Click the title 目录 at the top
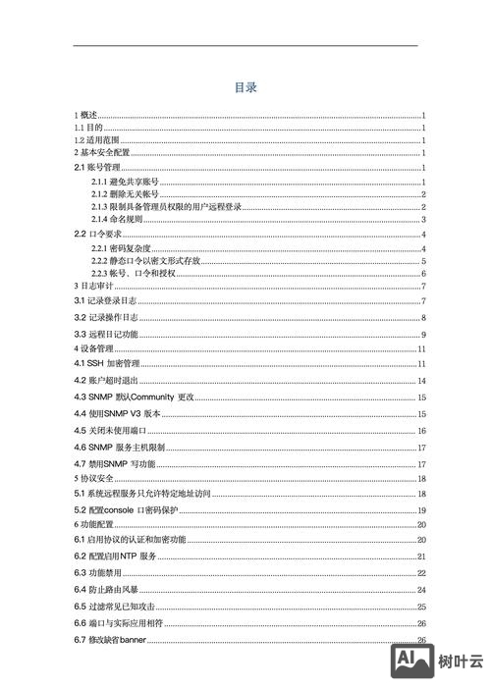coord(245,87)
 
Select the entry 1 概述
coord(86,116)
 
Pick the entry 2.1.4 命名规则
coord(117,220)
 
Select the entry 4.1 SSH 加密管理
coord(107,364)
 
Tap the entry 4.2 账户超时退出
coord(105,380)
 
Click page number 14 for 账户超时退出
coord(420,380)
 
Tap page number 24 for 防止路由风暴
coord(420,590)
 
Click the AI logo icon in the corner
coord(413,662)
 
